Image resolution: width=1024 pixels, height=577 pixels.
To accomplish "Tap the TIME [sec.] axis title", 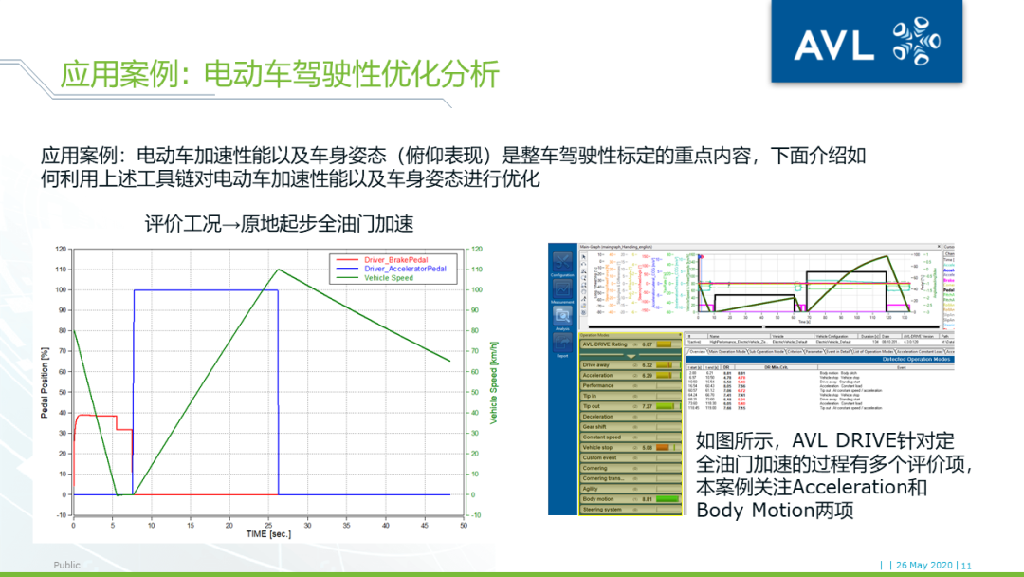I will pos(268,534).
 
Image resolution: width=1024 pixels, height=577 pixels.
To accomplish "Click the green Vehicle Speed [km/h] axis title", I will pos(493,382).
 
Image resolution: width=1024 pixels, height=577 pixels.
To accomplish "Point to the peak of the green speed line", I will pos(278,270).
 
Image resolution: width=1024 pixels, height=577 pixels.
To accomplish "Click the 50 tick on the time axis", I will pos(464,525).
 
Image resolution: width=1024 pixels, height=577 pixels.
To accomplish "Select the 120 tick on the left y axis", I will pos(61,250).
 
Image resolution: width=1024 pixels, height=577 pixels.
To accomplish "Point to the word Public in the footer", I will pos(67,565).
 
